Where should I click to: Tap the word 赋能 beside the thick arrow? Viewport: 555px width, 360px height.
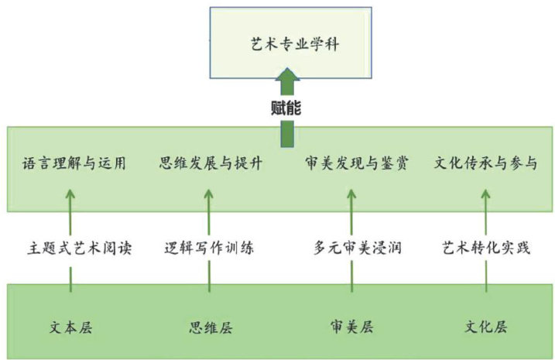pyautogui.click(x=287, y=107)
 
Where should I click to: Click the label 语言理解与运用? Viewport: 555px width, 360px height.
pyautogui.click(x=74, y=163)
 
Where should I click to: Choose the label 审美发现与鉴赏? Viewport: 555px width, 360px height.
pyautogui.click(x=356, y=163)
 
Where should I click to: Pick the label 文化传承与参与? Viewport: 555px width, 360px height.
pyautogui.click(x=485, y=163)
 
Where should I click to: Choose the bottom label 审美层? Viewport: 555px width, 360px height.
pyautogui.click(x=351, y=327)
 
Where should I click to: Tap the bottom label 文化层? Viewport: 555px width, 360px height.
pyautogui.click(x=486, y=327)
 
